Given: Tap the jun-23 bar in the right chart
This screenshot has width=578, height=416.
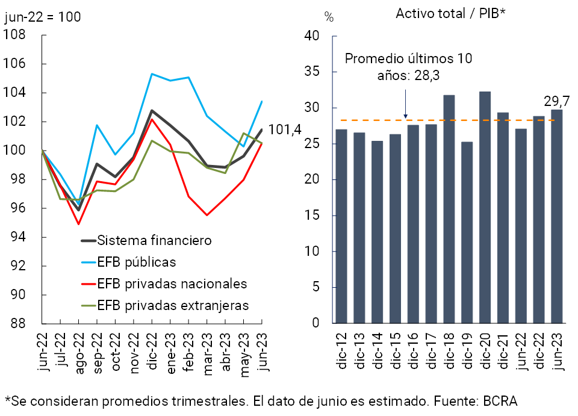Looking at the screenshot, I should [x=557, y=216].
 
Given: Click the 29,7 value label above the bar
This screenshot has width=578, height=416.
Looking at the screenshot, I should [x=552, y=99].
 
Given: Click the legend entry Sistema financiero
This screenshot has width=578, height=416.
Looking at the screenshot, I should [x=154, y=240].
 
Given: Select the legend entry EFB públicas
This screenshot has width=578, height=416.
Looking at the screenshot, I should [x=136, y=262].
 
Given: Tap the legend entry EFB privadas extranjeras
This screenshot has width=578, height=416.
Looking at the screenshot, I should [x=173, y=305].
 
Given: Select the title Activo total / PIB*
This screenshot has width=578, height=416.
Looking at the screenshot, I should [x=450, y=14].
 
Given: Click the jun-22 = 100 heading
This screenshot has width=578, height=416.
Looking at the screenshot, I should [x=42, y=17].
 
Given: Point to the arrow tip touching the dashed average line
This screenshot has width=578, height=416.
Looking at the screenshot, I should [x=405, y=117].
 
